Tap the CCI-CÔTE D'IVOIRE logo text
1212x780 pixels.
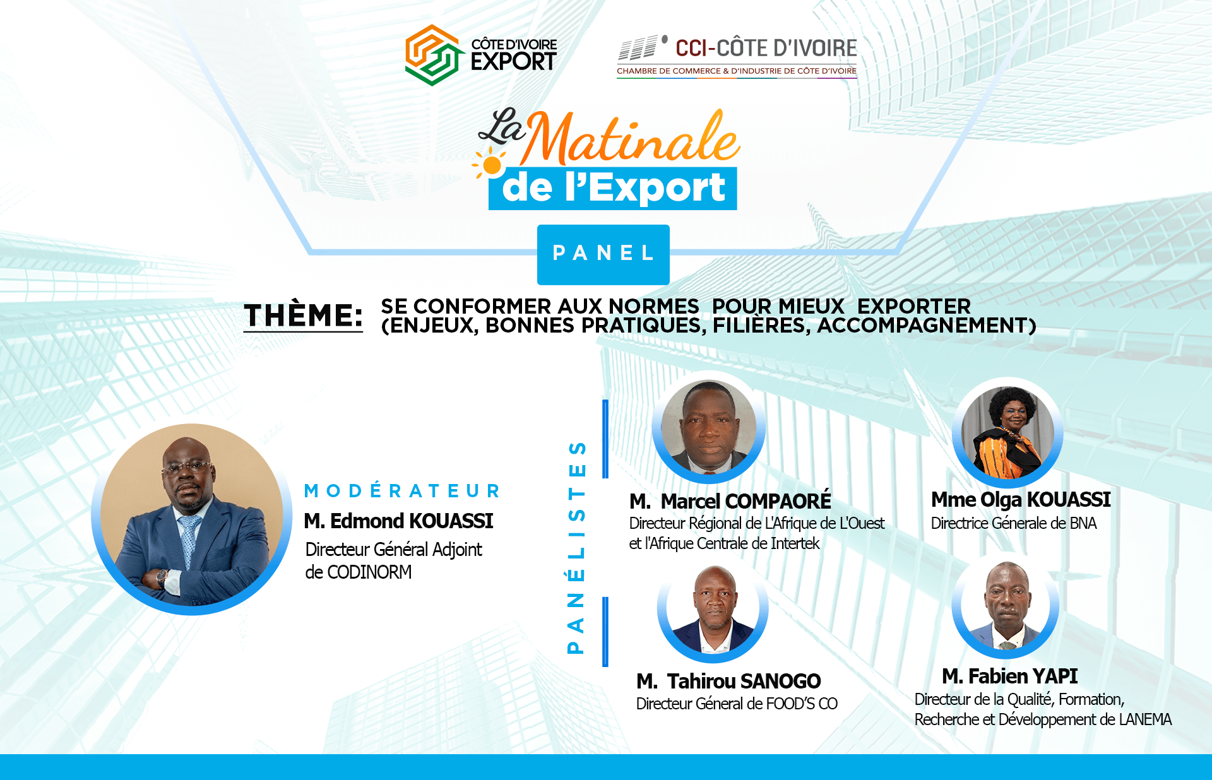766,48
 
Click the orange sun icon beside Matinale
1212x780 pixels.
490,164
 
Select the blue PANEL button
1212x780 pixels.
603,254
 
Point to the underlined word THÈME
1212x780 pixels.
303,315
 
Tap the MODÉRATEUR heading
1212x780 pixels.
403,490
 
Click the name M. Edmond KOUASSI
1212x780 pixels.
398,521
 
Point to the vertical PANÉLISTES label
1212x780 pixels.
576,547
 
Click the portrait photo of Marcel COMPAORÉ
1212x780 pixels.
708,428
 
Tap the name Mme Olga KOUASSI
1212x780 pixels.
1021,500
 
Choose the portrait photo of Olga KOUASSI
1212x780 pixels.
1007,432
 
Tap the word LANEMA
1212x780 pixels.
1145,719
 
